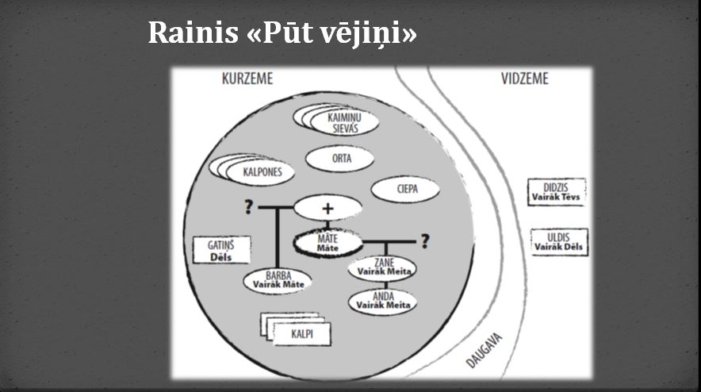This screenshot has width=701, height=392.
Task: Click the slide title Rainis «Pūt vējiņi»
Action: tap(282, 33)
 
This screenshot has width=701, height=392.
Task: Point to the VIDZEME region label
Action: tap(524, 79)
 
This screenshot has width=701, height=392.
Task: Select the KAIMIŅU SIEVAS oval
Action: tap(343, 122)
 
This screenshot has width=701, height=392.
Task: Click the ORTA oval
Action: tap(341, 158)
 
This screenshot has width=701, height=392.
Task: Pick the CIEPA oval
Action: tap(406, 190)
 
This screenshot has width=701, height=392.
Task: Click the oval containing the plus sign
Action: tap(328, 208)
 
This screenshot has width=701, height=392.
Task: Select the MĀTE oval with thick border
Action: tap(328, 244)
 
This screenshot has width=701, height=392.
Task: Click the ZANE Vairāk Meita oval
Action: tap(384, 267)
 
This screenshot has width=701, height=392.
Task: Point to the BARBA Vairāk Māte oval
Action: tap(277, 281)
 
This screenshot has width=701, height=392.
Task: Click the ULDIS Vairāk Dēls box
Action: tap(559, 242)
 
